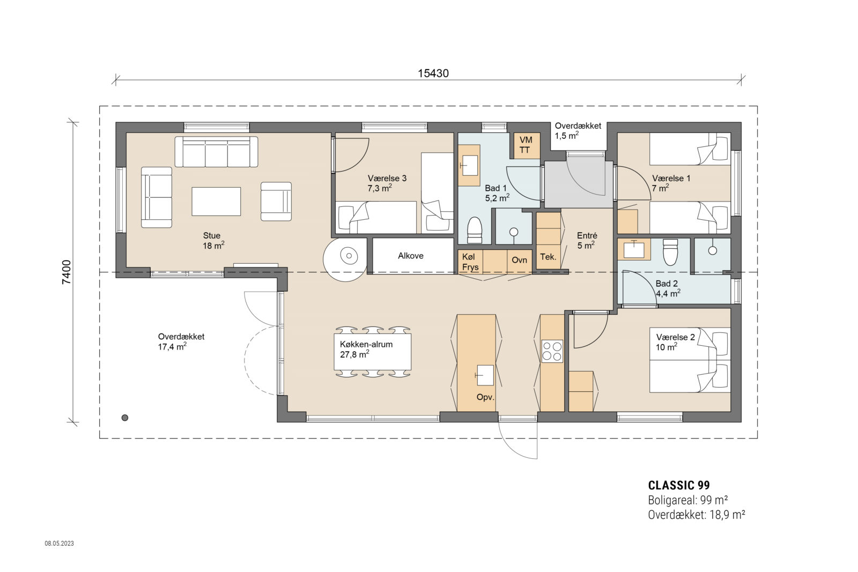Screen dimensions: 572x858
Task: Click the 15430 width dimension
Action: click(x=433, y=73)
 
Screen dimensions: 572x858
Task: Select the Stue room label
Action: click(x=212, y=236)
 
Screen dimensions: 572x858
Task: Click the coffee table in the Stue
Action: click(x=216, y=201)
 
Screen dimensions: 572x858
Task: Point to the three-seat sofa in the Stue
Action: click(x=216, y=152)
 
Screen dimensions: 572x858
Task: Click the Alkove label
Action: click(x=411, y=256)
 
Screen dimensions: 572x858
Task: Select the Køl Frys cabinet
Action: click(x=470, y=262)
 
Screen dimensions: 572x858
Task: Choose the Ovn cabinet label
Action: click(x=519, y=260)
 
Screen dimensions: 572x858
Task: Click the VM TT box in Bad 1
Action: click(x=525, y=145)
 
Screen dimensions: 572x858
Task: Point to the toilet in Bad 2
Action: click(x=671, y=252)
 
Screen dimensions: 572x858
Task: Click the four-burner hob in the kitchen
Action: click(x=552, y=351)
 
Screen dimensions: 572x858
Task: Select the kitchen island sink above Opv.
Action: click(x=485, y=375)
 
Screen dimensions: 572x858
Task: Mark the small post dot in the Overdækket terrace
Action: click(x=125, y=418)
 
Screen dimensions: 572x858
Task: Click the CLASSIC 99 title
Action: click(x=679, y=485)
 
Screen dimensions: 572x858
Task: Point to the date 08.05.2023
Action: click(x=59, y=544)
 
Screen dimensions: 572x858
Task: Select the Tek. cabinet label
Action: click(x=548, y=257)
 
